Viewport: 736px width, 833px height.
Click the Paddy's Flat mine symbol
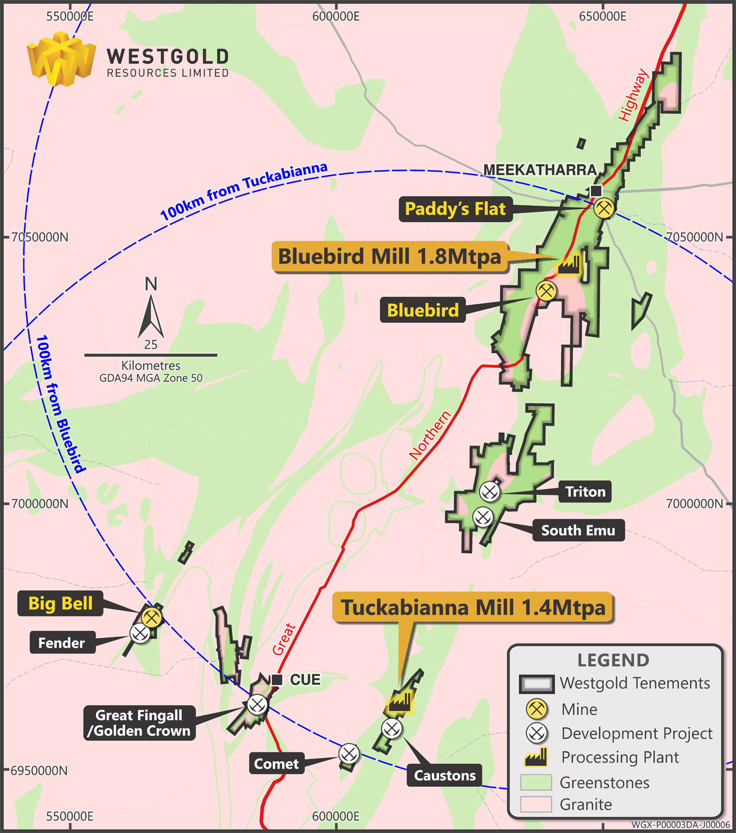603,208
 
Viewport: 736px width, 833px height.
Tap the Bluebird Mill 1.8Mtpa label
390,257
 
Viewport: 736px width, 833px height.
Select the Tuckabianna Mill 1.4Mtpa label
473,608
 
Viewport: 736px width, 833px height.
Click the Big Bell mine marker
151,617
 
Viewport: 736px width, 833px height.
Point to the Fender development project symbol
139,633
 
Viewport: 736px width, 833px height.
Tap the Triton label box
585,492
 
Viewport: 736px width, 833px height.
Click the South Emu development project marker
483,517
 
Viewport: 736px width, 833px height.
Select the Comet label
276,764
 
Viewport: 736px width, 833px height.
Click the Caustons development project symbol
392,728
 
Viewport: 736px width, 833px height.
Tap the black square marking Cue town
277,680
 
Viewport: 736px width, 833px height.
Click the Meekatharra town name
540,170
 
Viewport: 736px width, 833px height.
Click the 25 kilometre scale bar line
151,355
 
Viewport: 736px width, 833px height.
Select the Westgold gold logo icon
61,58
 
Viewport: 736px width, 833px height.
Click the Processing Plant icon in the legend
536,757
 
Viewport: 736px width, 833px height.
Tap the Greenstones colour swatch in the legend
536,782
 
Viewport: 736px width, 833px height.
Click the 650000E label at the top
603,17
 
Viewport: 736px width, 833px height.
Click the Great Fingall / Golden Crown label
139,723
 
